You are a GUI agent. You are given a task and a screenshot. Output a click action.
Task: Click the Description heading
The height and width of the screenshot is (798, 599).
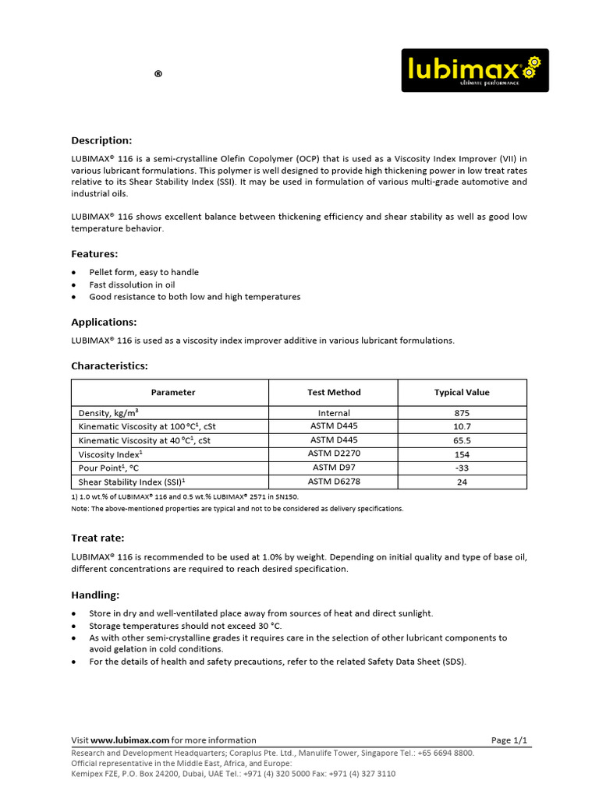coord(101,140)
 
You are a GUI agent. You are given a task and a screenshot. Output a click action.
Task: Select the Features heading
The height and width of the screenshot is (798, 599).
coord(94,254)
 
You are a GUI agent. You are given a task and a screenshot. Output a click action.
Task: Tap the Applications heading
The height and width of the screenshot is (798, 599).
coord(104,322)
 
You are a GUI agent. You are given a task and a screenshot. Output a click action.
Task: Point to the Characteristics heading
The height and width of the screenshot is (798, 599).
coord(109,365)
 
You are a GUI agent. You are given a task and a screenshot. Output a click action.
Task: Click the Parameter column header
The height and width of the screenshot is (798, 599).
coord(173,393)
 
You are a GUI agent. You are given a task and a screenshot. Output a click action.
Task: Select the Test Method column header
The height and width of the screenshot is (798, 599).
coord(334,393)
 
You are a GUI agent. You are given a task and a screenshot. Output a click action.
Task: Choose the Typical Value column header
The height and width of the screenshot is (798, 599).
coord(462,393)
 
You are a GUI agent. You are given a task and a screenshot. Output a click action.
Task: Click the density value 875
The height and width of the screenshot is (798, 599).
coord(462,413)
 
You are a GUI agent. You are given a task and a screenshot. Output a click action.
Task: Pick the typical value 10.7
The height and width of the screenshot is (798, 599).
coord(462,426)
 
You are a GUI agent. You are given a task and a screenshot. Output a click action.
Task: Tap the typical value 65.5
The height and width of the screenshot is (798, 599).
coord(462,440)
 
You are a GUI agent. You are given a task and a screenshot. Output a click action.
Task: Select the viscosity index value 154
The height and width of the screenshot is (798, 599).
coord(462,454)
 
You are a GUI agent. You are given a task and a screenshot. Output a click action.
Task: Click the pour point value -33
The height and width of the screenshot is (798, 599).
coord(462,468)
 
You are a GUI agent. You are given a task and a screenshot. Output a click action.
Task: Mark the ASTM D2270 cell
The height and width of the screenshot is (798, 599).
coord(334,454)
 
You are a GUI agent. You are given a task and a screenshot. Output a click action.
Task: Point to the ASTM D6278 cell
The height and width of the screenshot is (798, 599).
coord(334,482)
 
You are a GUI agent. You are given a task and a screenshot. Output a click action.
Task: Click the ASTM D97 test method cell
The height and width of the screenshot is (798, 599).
coord(334,468)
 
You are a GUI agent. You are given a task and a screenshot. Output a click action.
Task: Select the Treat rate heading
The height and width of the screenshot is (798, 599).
coord(97,538)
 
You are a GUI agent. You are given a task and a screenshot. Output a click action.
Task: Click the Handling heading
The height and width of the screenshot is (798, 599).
coord(95,595)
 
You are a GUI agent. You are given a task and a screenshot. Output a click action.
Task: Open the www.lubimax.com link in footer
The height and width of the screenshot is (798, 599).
coord(130,740)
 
